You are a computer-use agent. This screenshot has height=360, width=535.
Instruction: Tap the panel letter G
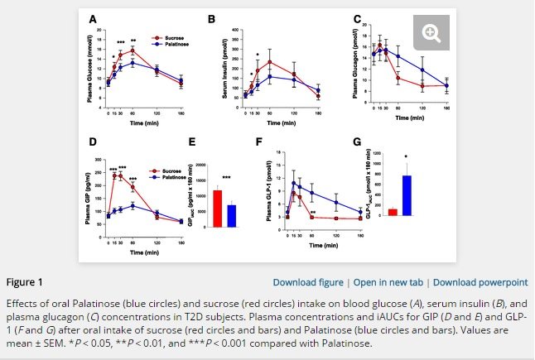(357, 142)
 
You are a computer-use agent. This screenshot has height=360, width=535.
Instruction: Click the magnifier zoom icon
(430, 33)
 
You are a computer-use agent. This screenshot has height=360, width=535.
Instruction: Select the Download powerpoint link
(480, 281)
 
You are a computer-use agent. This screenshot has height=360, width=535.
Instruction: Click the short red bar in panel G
(393, 212)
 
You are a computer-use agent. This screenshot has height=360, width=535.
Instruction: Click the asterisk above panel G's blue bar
(407, 157)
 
